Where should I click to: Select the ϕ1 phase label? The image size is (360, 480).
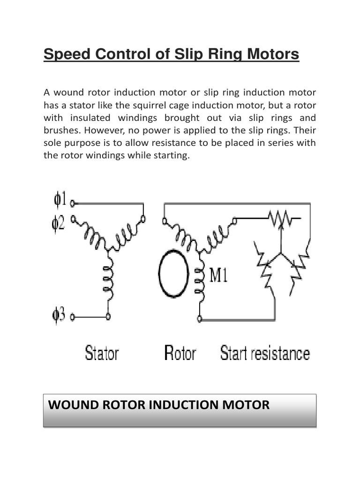(60, 200)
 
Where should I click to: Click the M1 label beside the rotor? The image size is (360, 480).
(218, 275)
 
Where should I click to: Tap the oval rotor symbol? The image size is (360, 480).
(173, 275)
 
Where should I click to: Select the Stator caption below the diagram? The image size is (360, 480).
(102, 353)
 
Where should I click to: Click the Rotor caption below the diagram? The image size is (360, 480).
(180, 353)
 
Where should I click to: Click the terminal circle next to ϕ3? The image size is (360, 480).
(73, 317)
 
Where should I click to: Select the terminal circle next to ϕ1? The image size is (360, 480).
(73, 203)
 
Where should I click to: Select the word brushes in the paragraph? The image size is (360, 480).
(59, 130)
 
